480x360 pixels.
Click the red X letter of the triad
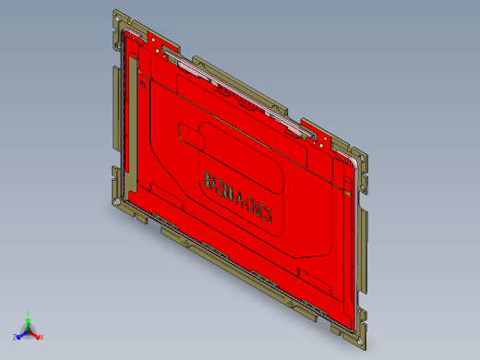coord(42,337)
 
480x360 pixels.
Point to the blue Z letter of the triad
coord(16,337)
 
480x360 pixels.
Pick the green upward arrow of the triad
coord(29,322)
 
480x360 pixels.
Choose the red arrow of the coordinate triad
coord(35,333)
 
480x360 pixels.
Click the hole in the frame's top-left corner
coord(117,18)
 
